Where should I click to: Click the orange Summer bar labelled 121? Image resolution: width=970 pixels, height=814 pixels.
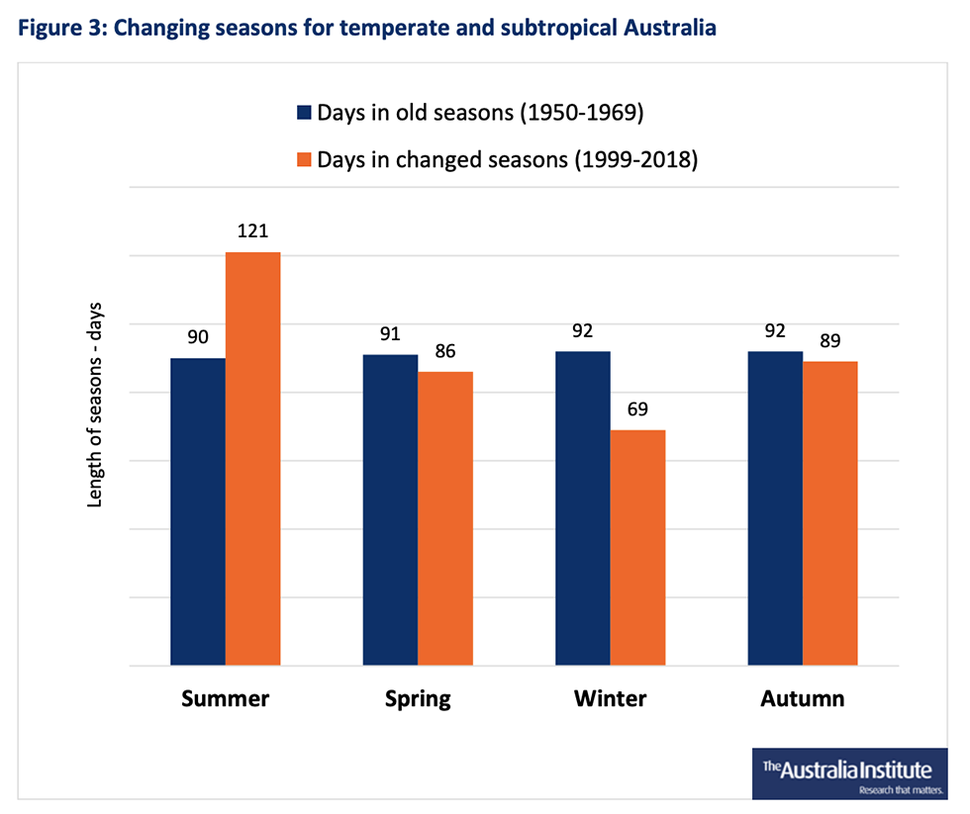[253, 459]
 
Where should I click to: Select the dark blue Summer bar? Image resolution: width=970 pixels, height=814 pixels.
[198, 511]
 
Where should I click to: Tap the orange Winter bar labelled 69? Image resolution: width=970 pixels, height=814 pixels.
[637, 548]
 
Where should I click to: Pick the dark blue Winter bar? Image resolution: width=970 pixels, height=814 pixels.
[583, 508]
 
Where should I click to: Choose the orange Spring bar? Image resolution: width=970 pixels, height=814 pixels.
[445, 518]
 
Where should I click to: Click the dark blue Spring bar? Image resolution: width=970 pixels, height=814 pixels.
[390, 510]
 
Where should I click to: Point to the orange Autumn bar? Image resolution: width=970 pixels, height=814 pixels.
[829, 513]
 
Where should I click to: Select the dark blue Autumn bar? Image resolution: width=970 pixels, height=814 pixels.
[775, 508]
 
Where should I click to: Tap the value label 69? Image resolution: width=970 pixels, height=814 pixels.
[637, 409]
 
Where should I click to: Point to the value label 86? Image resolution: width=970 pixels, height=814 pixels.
[445, 351]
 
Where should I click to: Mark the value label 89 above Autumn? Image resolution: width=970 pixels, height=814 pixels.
[829, 341]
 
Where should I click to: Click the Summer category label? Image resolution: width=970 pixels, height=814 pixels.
[226, 699]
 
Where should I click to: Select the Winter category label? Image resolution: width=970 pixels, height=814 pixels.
[610, 699]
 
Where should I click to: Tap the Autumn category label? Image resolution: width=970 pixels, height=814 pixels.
[803, 699]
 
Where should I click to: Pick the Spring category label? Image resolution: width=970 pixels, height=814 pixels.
[418, 699]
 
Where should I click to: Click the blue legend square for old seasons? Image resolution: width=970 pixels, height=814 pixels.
[303, 113]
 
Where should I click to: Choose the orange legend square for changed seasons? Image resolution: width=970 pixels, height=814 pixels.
[303, 160]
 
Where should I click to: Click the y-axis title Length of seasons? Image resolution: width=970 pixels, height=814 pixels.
[96, 415]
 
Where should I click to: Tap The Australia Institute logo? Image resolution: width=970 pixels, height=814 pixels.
[849, 772]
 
